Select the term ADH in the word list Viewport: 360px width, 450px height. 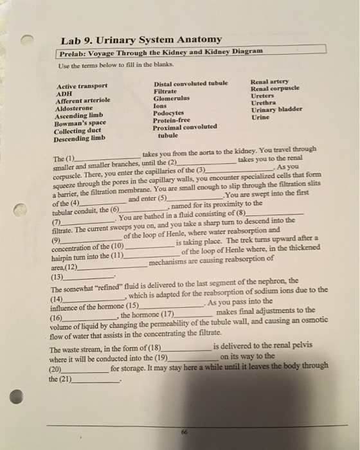pyautogui.click(x=66, y=93)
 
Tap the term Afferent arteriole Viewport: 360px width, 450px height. pyautogui.click(x=84, y=100)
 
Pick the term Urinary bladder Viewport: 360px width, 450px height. pyautogui.click(x=276, y=109)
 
